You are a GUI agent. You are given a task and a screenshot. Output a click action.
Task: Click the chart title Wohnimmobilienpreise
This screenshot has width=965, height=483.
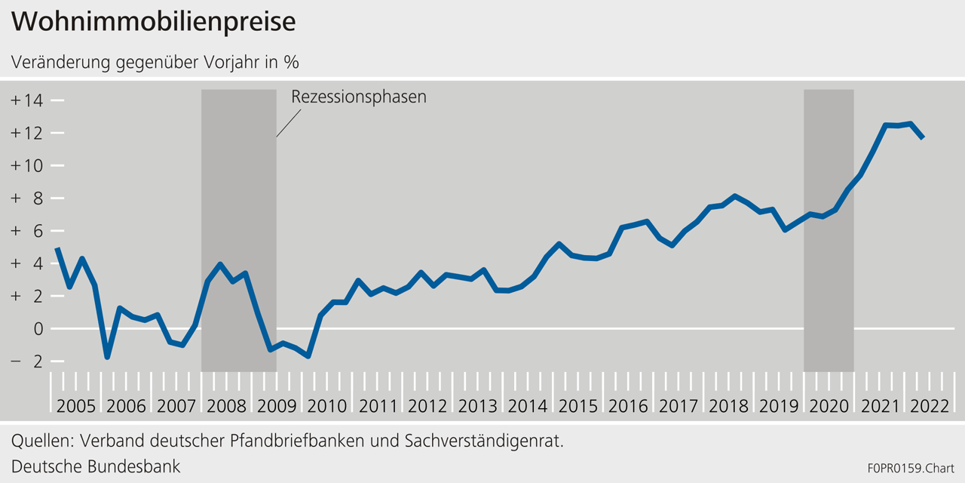point(153,22)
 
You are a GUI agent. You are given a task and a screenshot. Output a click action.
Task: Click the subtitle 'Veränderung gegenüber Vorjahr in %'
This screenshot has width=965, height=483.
point(155,62)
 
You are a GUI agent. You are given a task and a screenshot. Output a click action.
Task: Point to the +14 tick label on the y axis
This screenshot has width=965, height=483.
point(28,100)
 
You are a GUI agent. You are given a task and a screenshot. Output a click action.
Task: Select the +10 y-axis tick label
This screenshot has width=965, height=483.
point(28,165)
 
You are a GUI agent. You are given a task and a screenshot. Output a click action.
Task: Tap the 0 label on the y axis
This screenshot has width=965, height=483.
point(36,329)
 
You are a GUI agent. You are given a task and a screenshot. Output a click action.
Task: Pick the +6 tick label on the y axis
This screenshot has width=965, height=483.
point(28,231)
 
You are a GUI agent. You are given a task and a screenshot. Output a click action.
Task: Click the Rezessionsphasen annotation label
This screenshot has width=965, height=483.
point(358,97)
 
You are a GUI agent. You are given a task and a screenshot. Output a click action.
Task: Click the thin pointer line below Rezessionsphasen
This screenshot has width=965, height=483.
point(289,122)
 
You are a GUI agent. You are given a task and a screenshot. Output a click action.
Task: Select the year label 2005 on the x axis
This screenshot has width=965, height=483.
point(75,406)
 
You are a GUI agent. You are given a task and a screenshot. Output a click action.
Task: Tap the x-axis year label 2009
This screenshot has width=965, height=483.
point(277,406)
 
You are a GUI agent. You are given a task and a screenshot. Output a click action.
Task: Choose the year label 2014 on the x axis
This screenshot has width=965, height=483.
point(528,406)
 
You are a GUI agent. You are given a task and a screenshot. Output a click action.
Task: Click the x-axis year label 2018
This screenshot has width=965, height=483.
point(728,406)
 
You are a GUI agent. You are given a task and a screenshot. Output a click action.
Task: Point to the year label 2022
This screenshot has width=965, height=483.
point(929,406)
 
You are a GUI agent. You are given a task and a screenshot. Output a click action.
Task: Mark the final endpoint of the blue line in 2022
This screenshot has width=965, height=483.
point(924,137)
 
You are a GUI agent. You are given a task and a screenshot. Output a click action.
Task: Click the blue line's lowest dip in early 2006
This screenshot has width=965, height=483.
point(107,357)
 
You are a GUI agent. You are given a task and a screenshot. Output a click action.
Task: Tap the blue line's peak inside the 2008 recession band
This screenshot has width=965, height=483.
point(219,264)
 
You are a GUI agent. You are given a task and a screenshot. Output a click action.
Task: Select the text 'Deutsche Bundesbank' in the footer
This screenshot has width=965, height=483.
point(96,466)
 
